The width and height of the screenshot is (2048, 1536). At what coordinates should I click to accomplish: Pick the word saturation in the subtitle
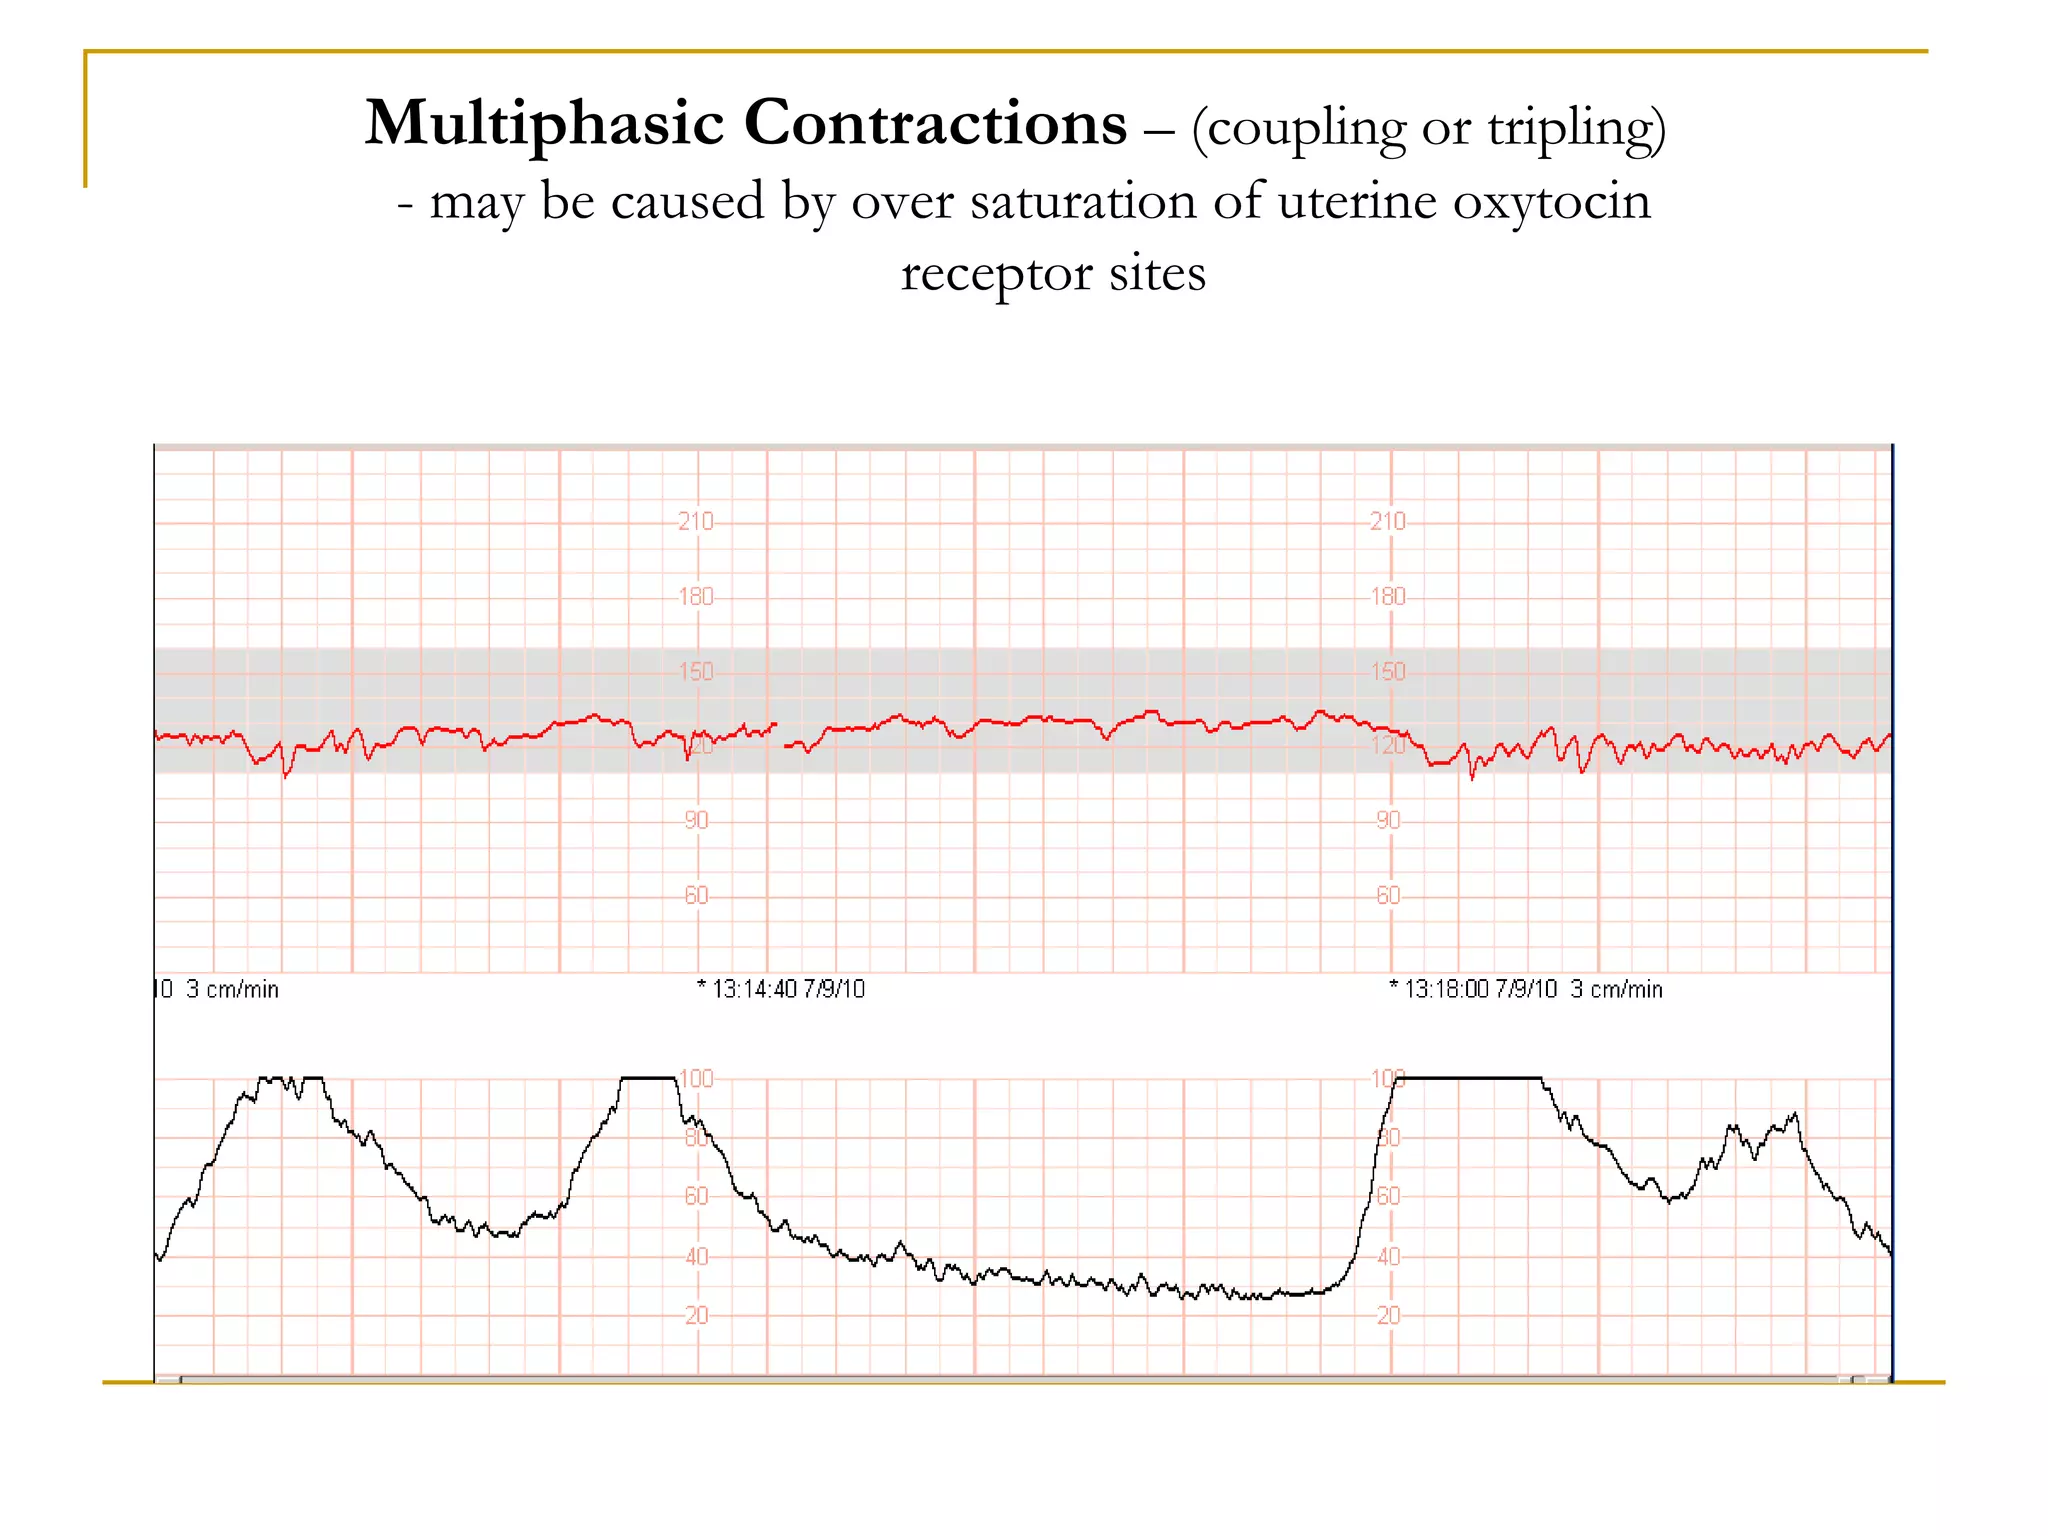point(1084,201)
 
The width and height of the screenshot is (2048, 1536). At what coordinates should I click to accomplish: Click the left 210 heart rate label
point(696,521)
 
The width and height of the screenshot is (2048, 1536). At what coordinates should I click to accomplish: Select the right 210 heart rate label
point(1388,521)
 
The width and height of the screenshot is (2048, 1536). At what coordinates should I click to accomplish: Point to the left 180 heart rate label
point(696,597)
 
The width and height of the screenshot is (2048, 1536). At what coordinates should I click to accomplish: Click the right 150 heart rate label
point(1388,671)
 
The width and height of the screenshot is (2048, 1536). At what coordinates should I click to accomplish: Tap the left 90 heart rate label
point(696,820)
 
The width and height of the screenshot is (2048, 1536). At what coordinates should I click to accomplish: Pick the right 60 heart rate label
point(1388,895)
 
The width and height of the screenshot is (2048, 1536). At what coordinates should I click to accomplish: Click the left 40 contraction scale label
point(696,1256)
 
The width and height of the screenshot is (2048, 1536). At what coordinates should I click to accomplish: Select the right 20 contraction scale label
point(1388,1315)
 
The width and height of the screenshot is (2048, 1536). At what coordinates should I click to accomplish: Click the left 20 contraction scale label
point(696,1315)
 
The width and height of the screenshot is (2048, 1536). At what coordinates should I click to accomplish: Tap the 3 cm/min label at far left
point(232,989)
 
